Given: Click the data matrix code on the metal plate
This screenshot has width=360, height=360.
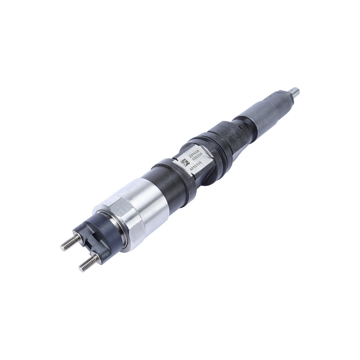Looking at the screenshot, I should [x=185, y=162].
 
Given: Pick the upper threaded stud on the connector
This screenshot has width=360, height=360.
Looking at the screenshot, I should [x=70, y=243].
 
